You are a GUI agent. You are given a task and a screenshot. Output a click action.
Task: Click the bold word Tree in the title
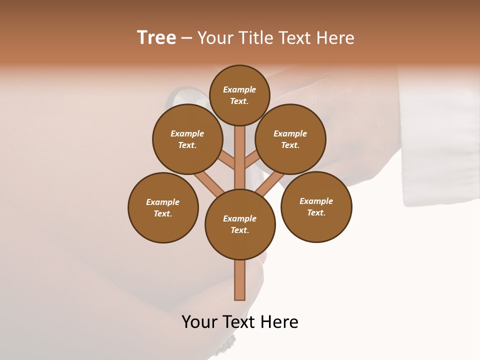pyautogui.click(x=156, y=38)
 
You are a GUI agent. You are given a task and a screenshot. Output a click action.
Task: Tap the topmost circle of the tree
pyautogui.click(x=239, y=95)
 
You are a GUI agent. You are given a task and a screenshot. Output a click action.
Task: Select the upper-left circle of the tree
pyautogui.click(x=187, y=139)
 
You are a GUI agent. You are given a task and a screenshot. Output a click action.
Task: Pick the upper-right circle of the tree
pyautogui.click(x=290, y=139)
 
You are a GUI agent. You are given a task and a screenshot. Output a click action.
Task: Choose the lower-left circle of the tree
pyautogui.click(x=163, y=207)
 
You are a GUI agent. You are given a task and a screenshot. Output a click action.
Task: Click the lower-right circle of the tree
pyautogui.click(x=316, y=206)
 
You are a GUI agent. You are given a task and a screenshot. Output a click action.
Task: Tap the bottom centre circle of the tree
pyautogui.click(x=240, y=224)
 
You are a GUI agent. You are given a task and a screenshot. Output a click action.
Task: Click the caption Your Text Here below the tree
pyautogui.click(x=240, y=322)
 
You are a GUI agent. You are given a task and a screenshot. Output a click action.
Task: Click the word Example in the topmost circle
pyautogui.click(x=239, y=89)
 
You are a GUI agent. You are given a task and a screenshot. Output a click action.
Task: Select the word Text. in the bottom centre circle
pyautogui.click(x=239, y=230)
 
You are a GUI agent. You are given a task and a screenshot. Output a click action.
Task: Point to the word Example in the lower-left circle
pyautogui.click(x=163, y=202)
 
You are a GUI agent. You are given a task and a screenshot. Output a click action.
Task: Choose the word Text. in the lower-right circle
pyautogui.click(x=316, y=212)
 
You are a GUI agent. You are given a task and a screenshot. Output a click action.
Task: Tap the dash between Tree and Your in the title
pyautogui.click(x=187, y=38)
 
